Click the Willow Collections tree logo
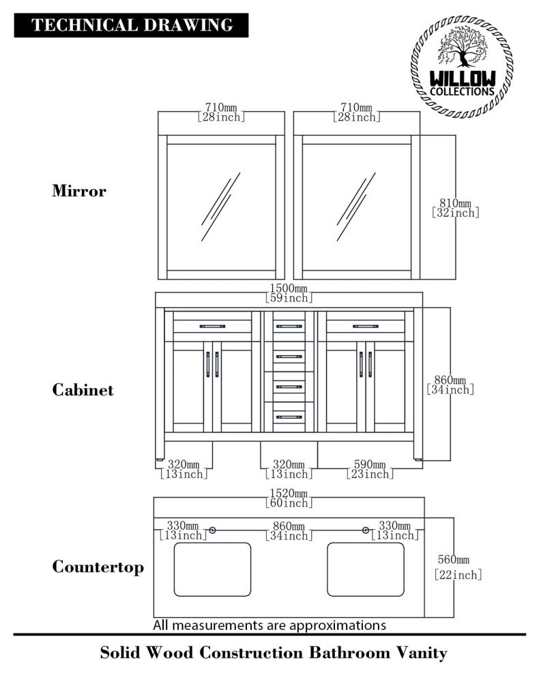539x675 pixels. [x=461, y=66]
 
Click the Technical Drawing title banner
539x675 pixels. [x=132, y=25]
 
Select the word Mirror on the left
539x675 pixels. [x=79, y=191]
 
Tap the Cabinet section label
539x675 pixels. [x=83, y=390]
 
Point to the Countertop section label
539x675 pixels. [x=98, y=567]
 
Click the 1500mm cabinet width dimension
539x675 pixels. [x=289, y=292]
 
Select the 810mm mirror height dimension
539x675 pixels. [x=456, y=207]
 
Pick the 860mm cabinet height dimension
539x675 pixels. [x=450, y=385]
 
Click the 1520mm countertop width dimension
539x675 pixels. [x=289, y=498]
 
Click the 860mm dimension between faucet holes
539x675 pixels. [x=289, y=530]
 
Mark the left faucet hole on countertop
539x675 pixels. [x=213, y=530]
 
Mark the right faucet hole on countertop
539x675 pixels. [x=366, y=530]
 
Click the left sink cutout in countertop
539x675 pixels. [x=212, y=569]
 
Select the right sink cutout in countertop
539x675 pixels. [x=365, y=569]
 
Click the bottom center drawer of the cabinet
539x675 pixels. [x=289, y=416]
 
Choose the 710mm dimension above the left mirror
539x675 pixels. [x=221, y=112]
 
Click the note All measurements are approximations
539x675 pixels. [x=269, y=625]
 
